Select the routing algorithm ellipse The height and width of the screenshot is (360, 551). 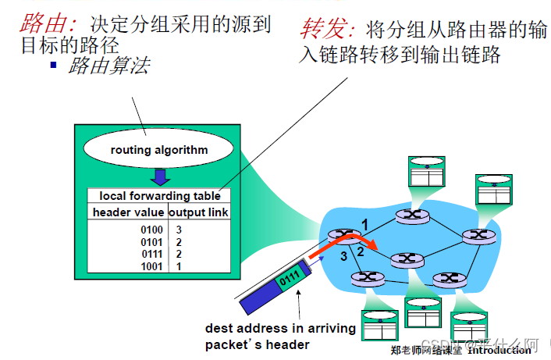[x=159, y=149]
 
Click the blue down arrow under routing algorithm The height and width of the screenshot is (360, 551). [x=159, y=176]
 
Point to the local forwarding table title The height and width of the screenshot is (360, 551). [x=160, y=196]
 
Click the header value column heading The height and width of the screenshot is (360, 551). [x=128, y=212]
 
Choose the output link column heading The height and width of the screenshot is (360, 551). [x=197, y=212]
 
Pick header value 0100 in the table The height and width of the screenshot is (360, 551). [x=151, y=230]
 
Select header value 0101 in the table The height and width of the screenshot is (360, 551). [x=151, y=242]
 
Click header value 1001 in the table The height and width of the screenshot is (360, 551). [x=151, y=266]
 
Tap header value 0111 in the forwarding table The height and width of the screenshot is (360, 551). [x=151, y=254]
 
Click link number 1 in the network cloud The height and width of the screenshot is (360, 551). [x=363, y=223]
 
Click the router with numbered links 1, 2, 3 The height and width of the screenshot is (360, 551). [x=339, y=234]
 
